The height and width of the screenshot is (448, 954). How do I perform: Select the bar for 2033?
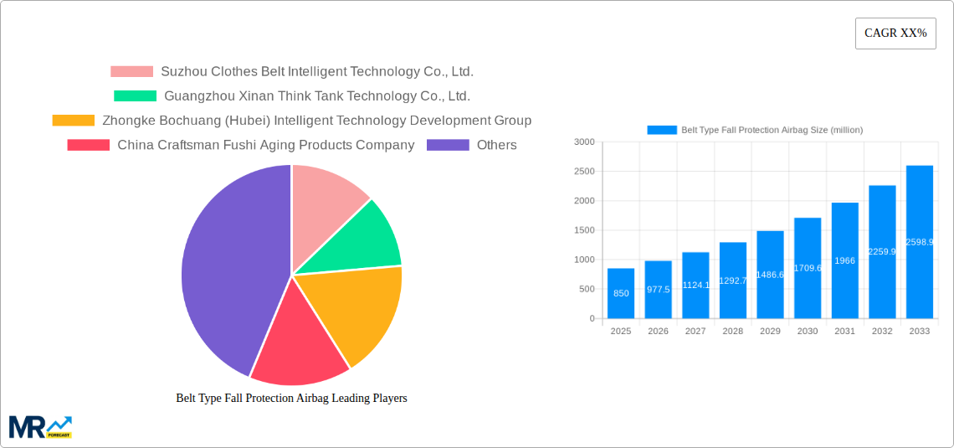919,243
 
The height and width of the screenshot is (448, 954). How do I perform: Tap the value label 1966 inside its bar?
844,260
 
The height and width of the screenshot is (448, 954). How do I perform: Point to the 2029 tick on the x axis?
770,332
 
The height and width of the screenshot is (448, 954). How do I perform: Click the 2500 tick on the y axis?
585,172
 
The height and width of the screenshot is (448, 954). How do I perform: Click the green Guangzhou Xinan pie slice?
360,239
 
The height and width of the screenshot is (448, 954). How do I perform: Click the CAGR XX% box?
895,33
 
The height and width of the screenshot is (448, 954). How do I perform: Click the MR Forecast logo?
39,427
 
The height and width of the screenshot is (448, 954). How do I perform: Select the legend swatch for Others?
448,145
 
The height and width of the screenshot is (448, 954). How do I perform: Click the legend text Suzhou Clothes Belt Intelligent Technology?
316,72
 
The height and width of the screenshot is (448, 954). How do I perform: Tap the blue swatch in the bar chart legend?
661,130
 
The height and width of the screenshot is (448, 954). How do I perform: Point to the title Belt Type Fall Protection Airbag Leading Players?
291,398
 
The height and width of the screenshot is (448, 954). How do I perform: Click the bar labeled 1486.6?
770,275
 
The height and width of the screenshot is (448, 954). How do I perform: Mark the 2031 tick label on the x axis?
844,332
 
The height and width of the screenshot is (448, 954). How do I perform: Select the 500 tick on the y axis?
587,289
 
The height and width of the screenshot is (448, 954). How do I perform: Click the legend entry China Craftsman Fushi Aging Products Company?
265,145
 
